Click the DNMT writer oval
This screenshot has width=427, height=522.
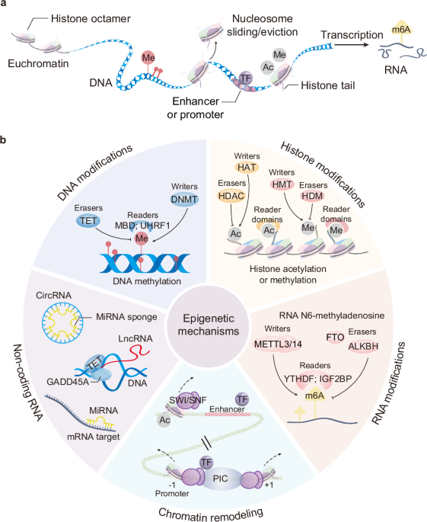184,199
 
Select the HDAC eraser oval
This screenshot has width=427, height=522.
231,196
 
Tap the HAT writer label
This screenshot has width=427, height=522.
247,167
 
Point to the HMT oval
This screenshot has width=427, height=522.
282,184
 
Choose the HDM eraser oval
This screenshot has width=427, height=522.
312,196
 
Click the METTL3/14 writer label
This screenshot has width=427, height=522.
278,344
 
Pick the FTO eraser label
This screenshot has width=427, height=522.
335,338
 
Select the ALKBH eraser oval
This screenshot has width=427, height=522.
363,346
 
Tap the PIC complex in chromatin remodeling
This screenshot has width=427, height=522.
220,479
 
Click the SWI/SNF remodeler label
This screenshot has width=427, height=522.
188,400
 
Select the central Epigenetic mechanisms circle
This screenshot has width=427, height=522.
209,325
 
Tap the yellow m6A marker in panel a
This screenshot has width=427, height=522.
401,30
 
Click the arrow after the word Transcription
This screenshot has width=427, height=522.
352,45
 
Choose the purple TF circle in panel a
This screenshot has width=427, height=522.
245,78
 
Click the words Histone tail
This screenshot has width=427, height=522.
328,85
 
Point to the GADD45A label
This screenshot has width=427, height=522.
68,382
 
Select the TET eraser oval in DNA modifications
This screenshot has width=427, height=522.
88,221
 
